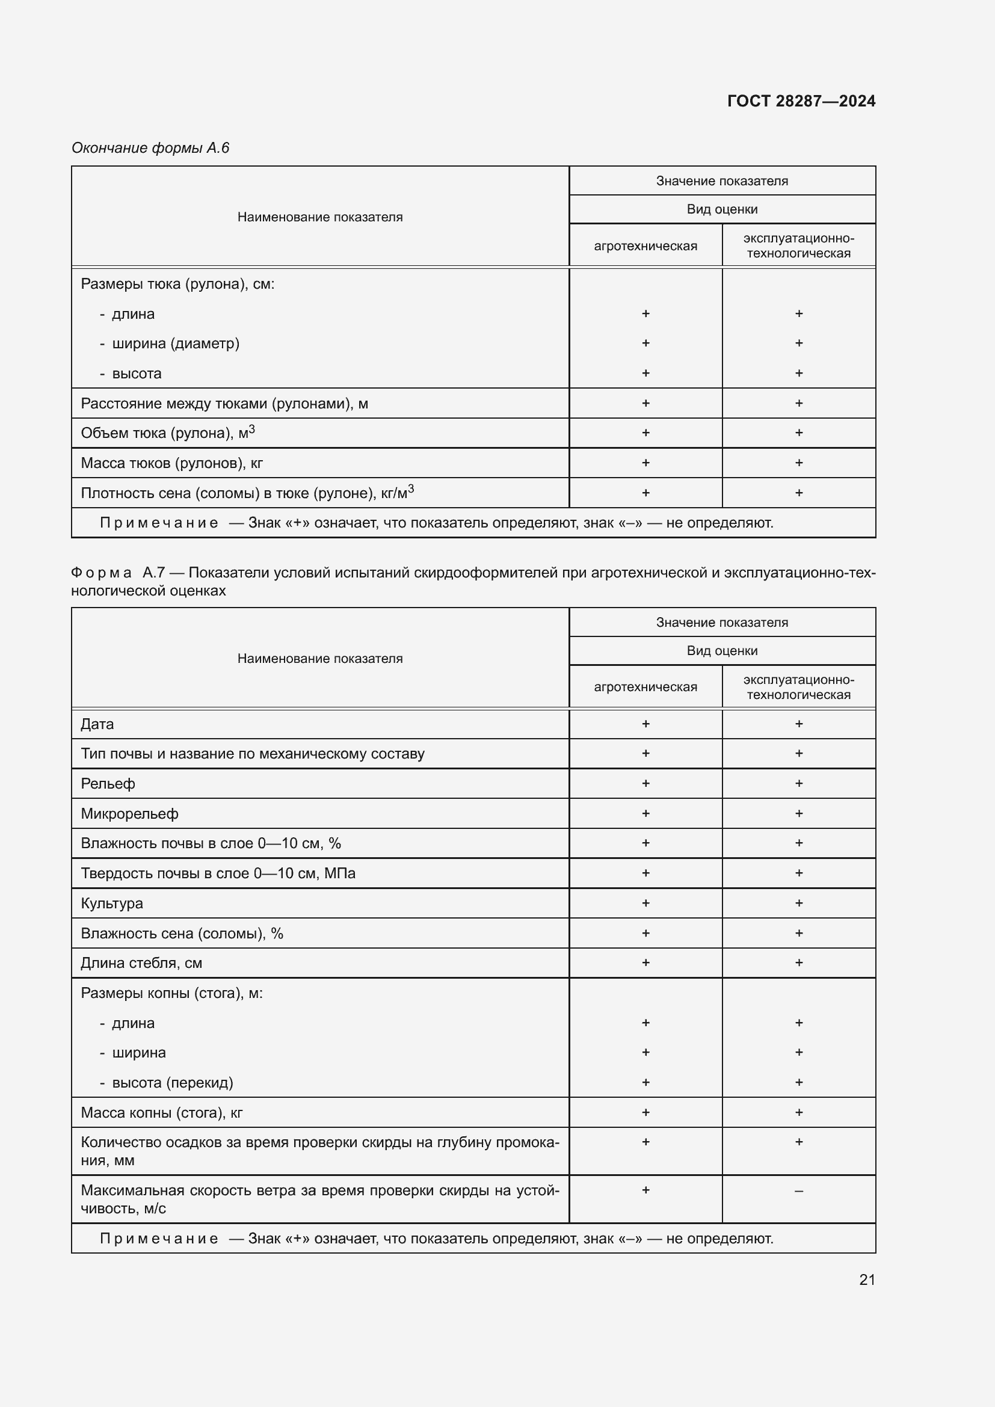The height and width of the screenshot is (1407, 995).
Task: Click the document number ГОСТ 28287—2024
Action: pos(801,101)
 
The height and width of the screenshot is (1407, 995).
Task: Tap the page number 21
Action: pos(867,1279)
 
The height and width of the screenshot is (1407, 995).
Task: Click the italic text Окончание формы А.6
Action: pos(150,148)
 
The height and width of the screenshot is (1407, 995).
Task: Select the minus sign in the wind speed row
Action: pos(798,1190)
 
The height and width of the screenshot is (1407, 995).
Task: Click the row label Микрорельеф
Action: pos(129,814)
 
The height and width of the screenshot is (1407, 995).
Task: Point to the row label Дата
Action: pos(97,724)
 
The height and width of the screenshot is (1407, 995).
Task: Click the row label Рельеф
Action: pos(108,784)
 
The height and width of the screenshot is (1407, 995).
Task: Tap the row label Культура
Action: pos(111,904)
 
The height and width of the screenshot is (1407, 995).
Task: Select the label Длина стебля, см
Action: pos(141,962)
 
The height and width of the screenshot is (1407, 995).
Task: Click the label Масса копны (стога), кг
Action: pos(162,1112)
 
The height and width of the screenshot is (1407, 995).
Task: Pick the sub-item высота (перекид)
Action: pos(172,1082)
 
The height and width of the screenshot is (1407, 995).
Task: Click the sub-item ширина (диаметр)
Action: pos(175,343)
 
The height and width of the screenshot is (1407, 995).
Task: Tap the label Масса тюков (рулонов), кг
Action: pos(171,463)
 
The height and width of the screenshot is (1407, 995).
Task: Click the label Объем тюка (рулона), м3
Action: pos(167,433)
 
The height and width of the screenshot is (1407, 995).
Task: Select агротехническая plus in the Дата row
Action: pos(645,724)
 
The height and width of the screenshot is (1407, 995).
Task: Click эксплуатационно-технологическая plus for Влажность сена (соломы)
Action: pos(798,933)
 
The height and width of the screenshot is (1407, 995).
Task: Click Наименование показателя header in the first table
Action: pos(320,217)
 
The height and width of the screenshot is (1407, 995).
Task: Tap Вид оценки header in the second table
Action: pos(722,651)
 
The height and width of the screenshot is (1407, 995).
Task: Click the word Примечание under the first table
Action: pos(159,523)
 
